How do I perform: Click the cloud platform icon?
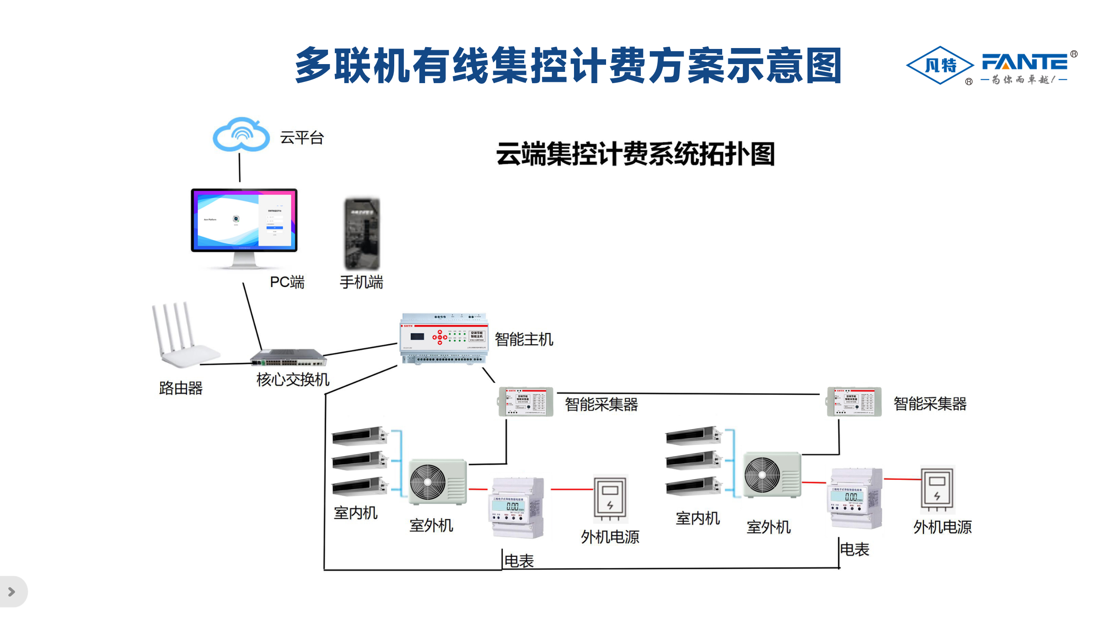(241, 134)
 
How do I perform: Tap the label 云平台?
(302, 138)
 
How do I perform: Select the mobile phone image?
(362, 234)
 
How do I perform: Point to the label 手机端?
(361, 282)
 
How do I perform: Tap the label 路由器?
(181, 388)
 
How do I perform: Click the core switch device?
(289, 358)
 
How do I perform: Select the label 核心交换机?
(293, 380)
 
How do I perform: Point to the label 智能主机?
(524, 339)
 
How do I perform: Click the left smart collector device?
(525, 402)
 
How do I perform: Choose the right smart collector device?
(854, 402)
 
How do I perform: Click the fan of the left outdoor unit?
(428, 482)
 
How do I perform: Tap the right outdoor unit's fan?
(762, 475)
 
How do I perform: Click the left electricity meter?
(517, 507)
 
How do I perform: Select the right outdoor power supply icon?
(937, 489)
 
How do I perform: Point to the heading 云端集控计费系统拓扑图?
(635, 154)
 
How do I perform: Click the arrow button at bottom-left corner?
(12, 591)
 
